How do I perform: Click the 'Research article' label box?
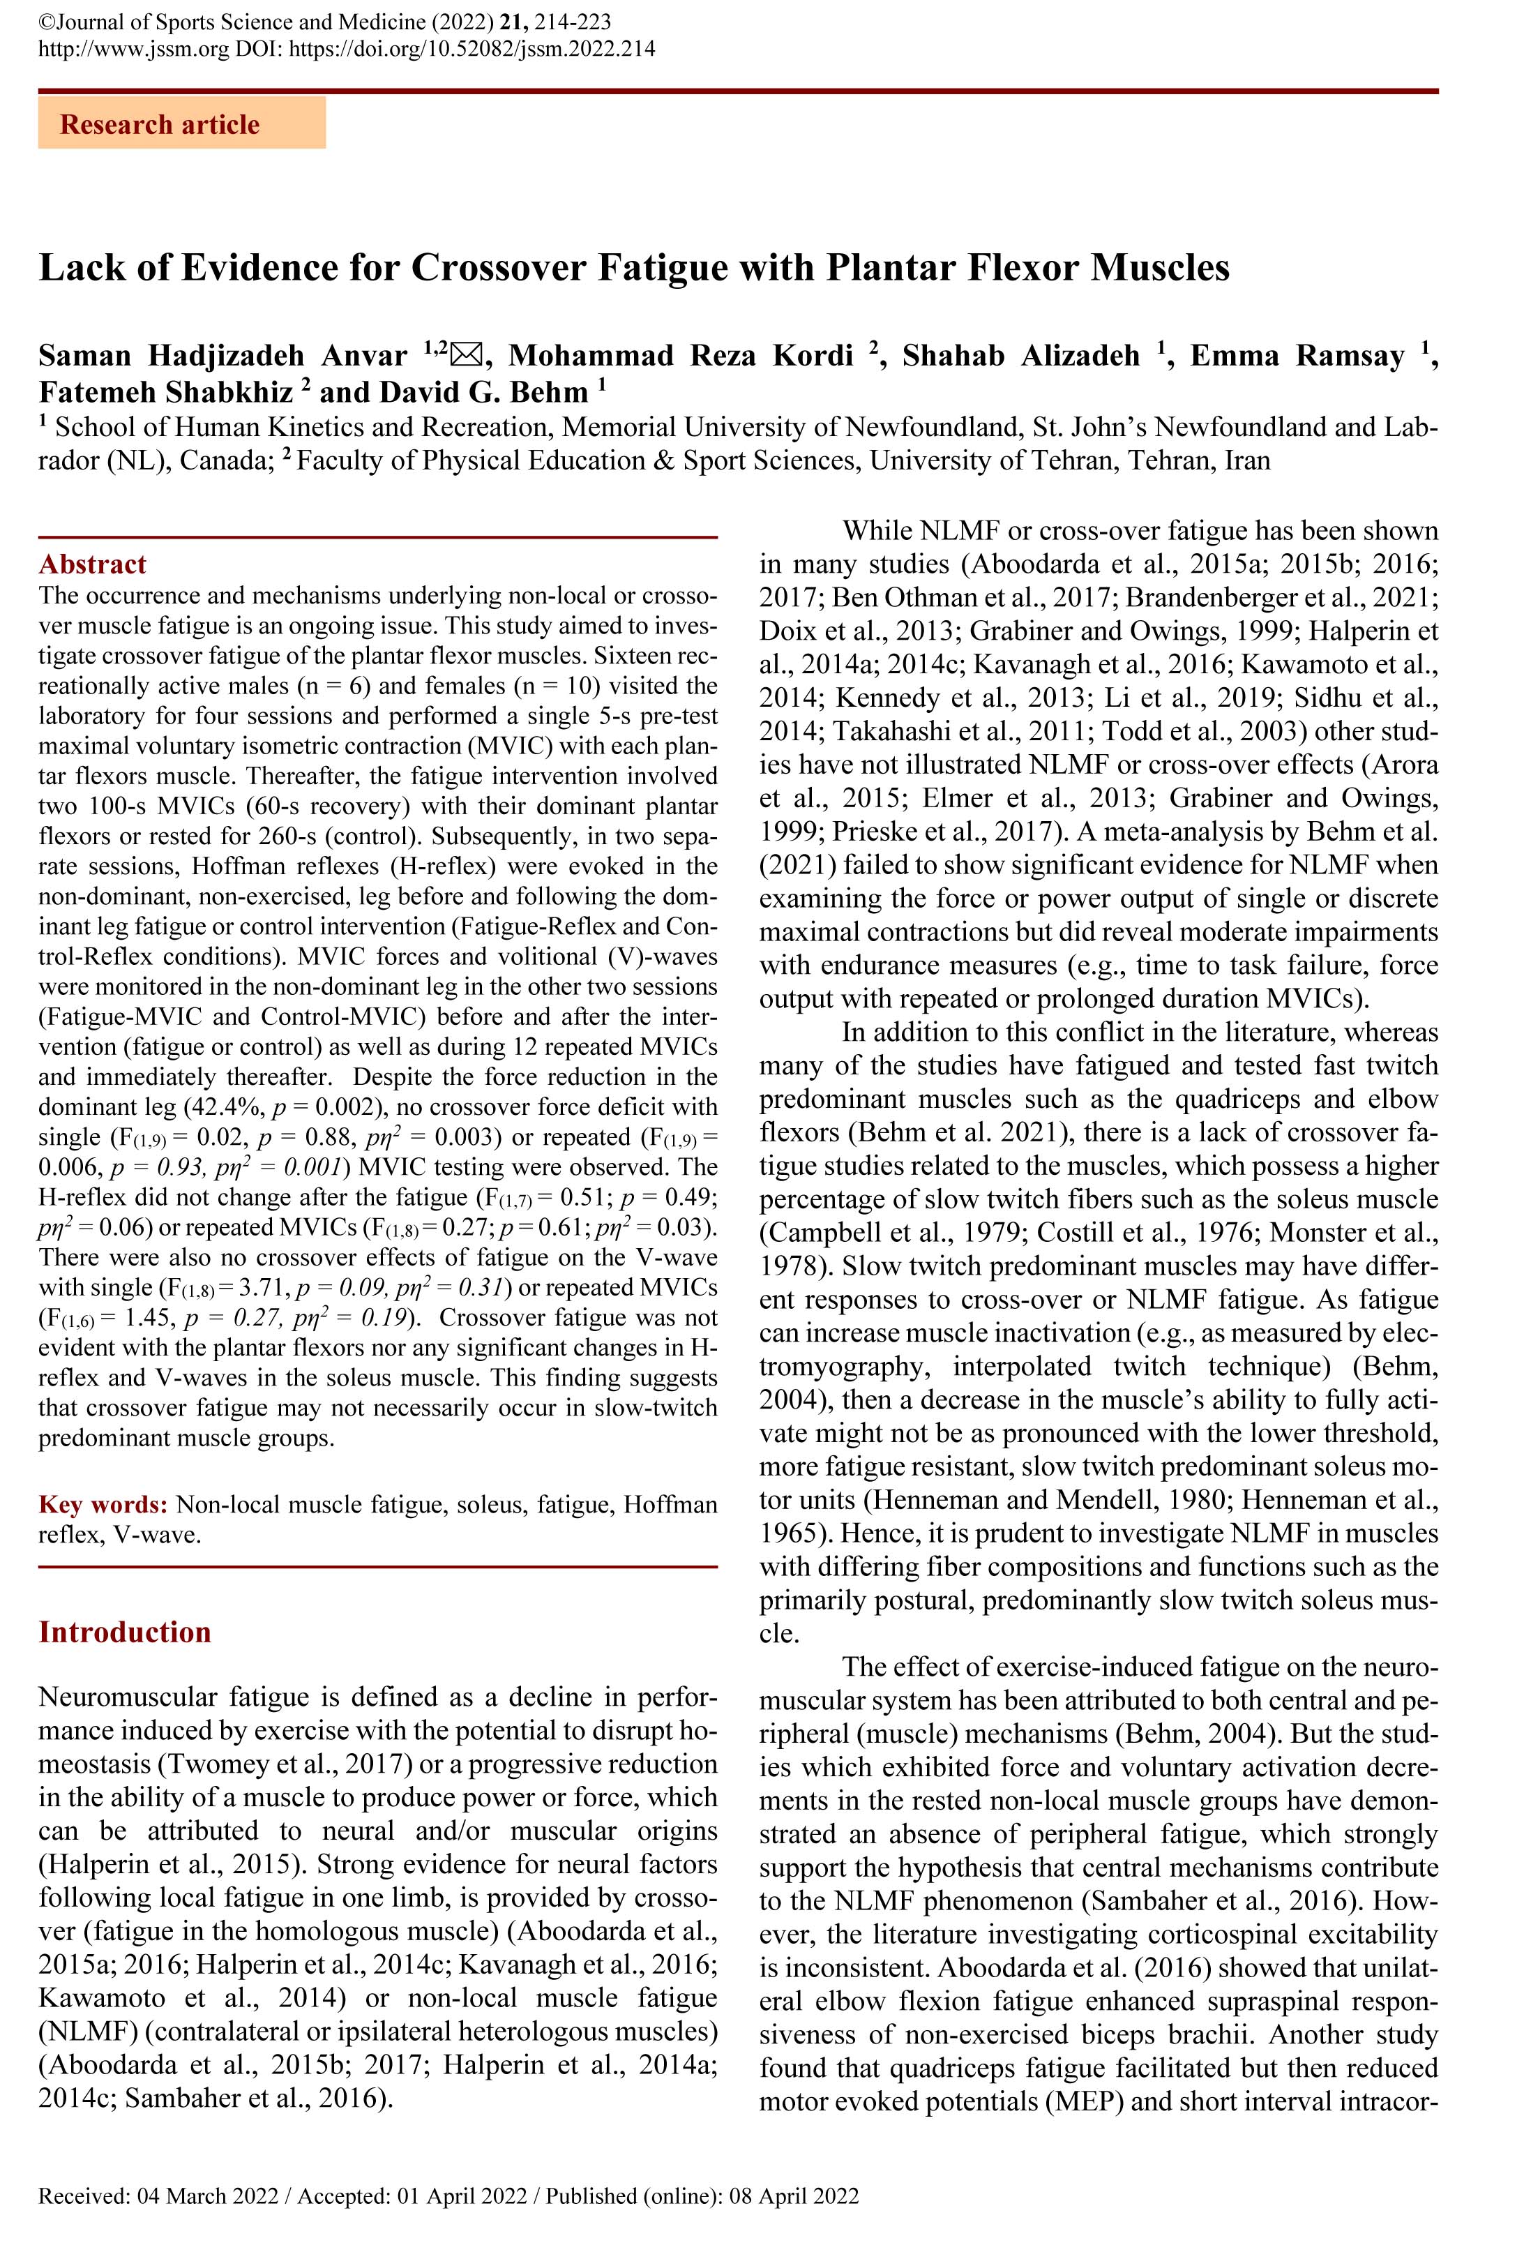pyautogui.click(x=182, y=124)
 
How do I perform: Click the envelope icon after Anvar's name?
pyautogui.click(x=467, y=355)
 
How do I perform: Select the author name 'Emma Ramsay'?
pyautogui.click(x=1297, y=356)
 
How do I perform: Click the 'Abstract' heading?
pyautogui.click(x=92, y=565)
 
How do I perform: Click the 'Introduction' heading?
pyautogui.click(x=124, y=1632)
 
